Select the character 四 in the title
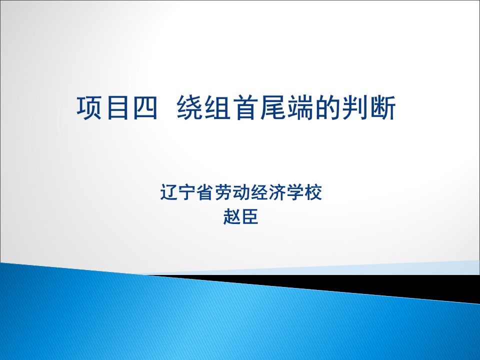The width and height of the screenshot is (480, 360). [145, 107]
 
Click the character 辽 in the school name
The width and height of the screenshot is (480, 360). [168, 192]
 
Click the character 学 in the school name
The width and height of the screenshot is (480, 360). [295, 192]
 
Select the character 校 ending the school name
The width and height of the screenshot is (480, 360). [313, 192]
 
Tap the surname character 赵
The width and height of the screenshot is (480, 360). [231, 216]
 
